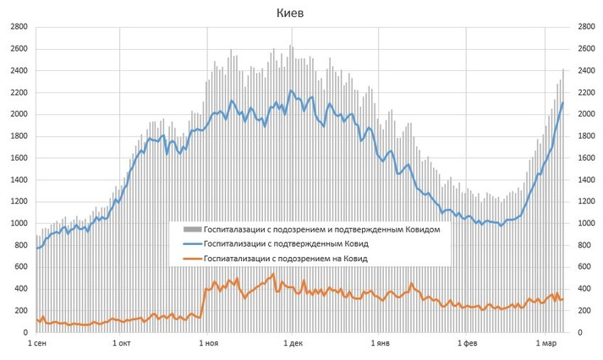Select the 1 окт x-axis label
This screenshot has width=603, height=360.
click(121, 344)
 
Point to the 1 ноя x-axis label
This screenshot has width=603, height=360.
click(207, 344)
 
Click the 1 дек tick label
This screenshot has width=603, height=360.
click(293, 344)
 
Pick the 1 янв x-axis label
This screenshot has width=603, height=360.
click(380, 344)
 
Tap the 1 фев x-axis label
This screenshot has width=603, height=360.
click(467, 344)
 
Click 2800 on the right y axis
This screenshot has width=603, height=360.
click(586, 27)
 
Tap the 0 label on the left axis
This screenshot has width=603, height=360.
click(25, 333)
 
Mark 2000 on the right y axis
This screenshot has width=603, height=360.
click(586, 114)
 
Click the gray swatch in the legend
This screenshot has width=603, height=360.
click(190, 228)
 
